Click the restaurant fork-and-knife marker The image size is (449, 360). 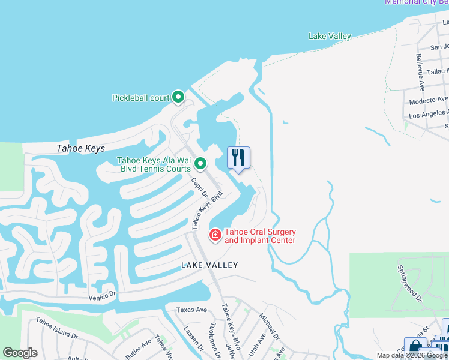238,158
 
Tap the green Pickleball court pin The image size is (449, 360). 178,97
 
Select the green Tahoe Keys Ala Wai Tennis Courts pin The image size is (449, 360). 201,163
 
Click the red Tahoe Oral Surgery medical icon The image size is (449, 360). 215,235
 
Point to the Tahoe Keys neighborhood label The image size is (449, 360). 80,149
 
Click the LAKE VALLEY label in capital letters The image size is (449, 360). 210,265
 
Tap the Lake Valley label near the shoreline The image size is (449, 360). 329,37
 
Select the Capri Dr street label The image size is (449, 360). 199,188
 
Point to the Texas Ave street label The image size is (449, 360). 191,310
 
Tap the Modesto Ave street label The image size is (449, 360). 429,100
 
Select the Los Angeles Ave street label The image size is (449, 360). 428,114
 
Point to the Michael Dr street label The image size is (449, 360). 268,324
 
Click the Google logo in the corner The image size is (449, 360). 20,353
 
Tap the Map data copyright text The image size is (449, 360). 412,355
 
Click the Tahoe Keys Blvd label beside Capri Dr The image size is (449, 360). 208,210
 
